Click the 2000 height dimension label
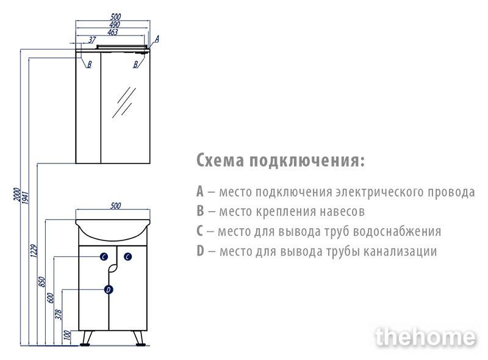17,195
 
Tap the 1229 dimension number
34,251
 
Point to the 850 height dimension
42,282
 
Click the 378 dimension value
59,314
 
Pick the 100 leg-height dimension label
67,335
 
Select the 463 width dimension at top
113,32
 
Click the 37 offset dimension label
92,40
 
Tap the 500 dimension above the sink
115,206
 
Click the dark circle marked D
109,290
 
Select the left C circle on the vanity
104,257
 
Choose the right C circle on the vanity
128,257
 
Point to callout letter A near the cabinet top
157,39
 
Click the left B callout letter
89,65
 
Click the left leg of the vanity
85,338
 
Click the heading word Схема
220,160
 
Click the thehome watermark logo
426,337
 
